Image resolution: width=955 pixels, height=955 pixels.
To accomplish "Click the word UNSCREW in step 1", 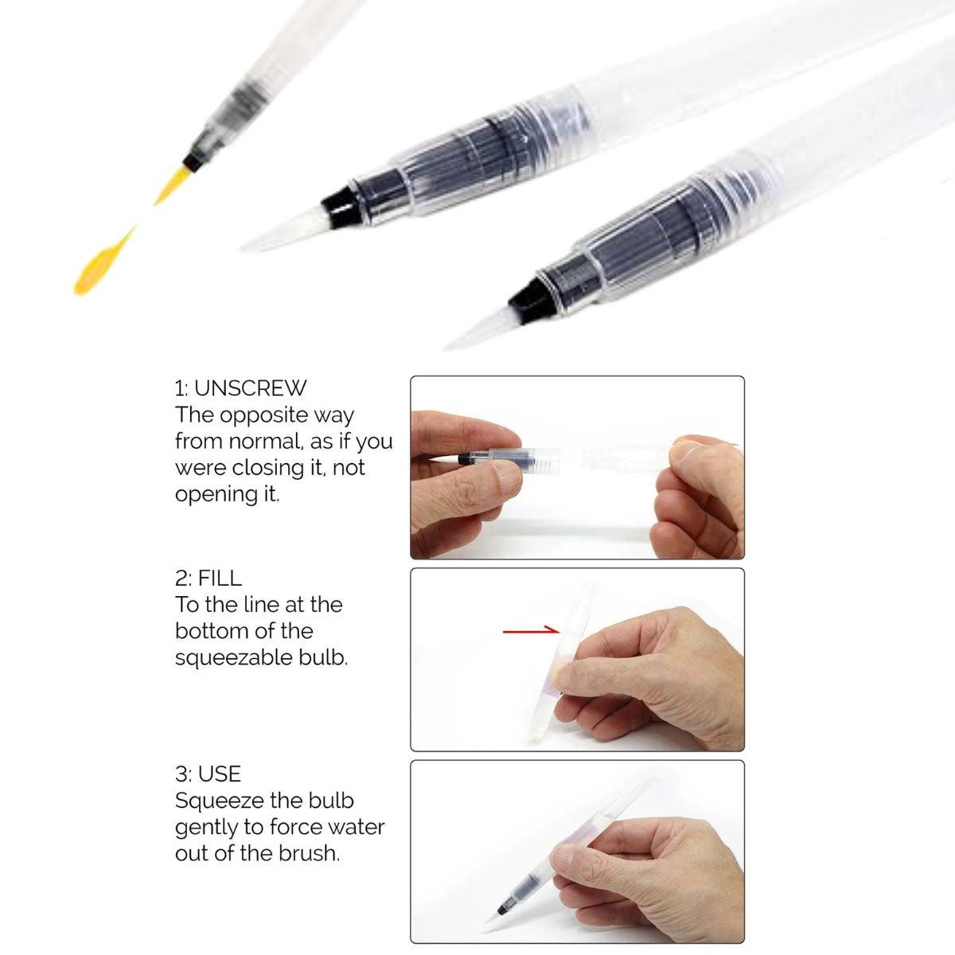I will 250,388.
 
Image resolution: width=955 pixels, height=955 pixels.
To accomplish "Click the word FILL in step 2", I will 220,579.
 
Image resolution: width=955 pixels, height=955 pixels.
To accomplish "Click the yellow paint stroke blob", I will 99,263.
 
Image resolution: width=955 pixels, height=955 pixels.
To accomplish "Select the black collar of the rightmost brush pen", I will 528,298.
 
